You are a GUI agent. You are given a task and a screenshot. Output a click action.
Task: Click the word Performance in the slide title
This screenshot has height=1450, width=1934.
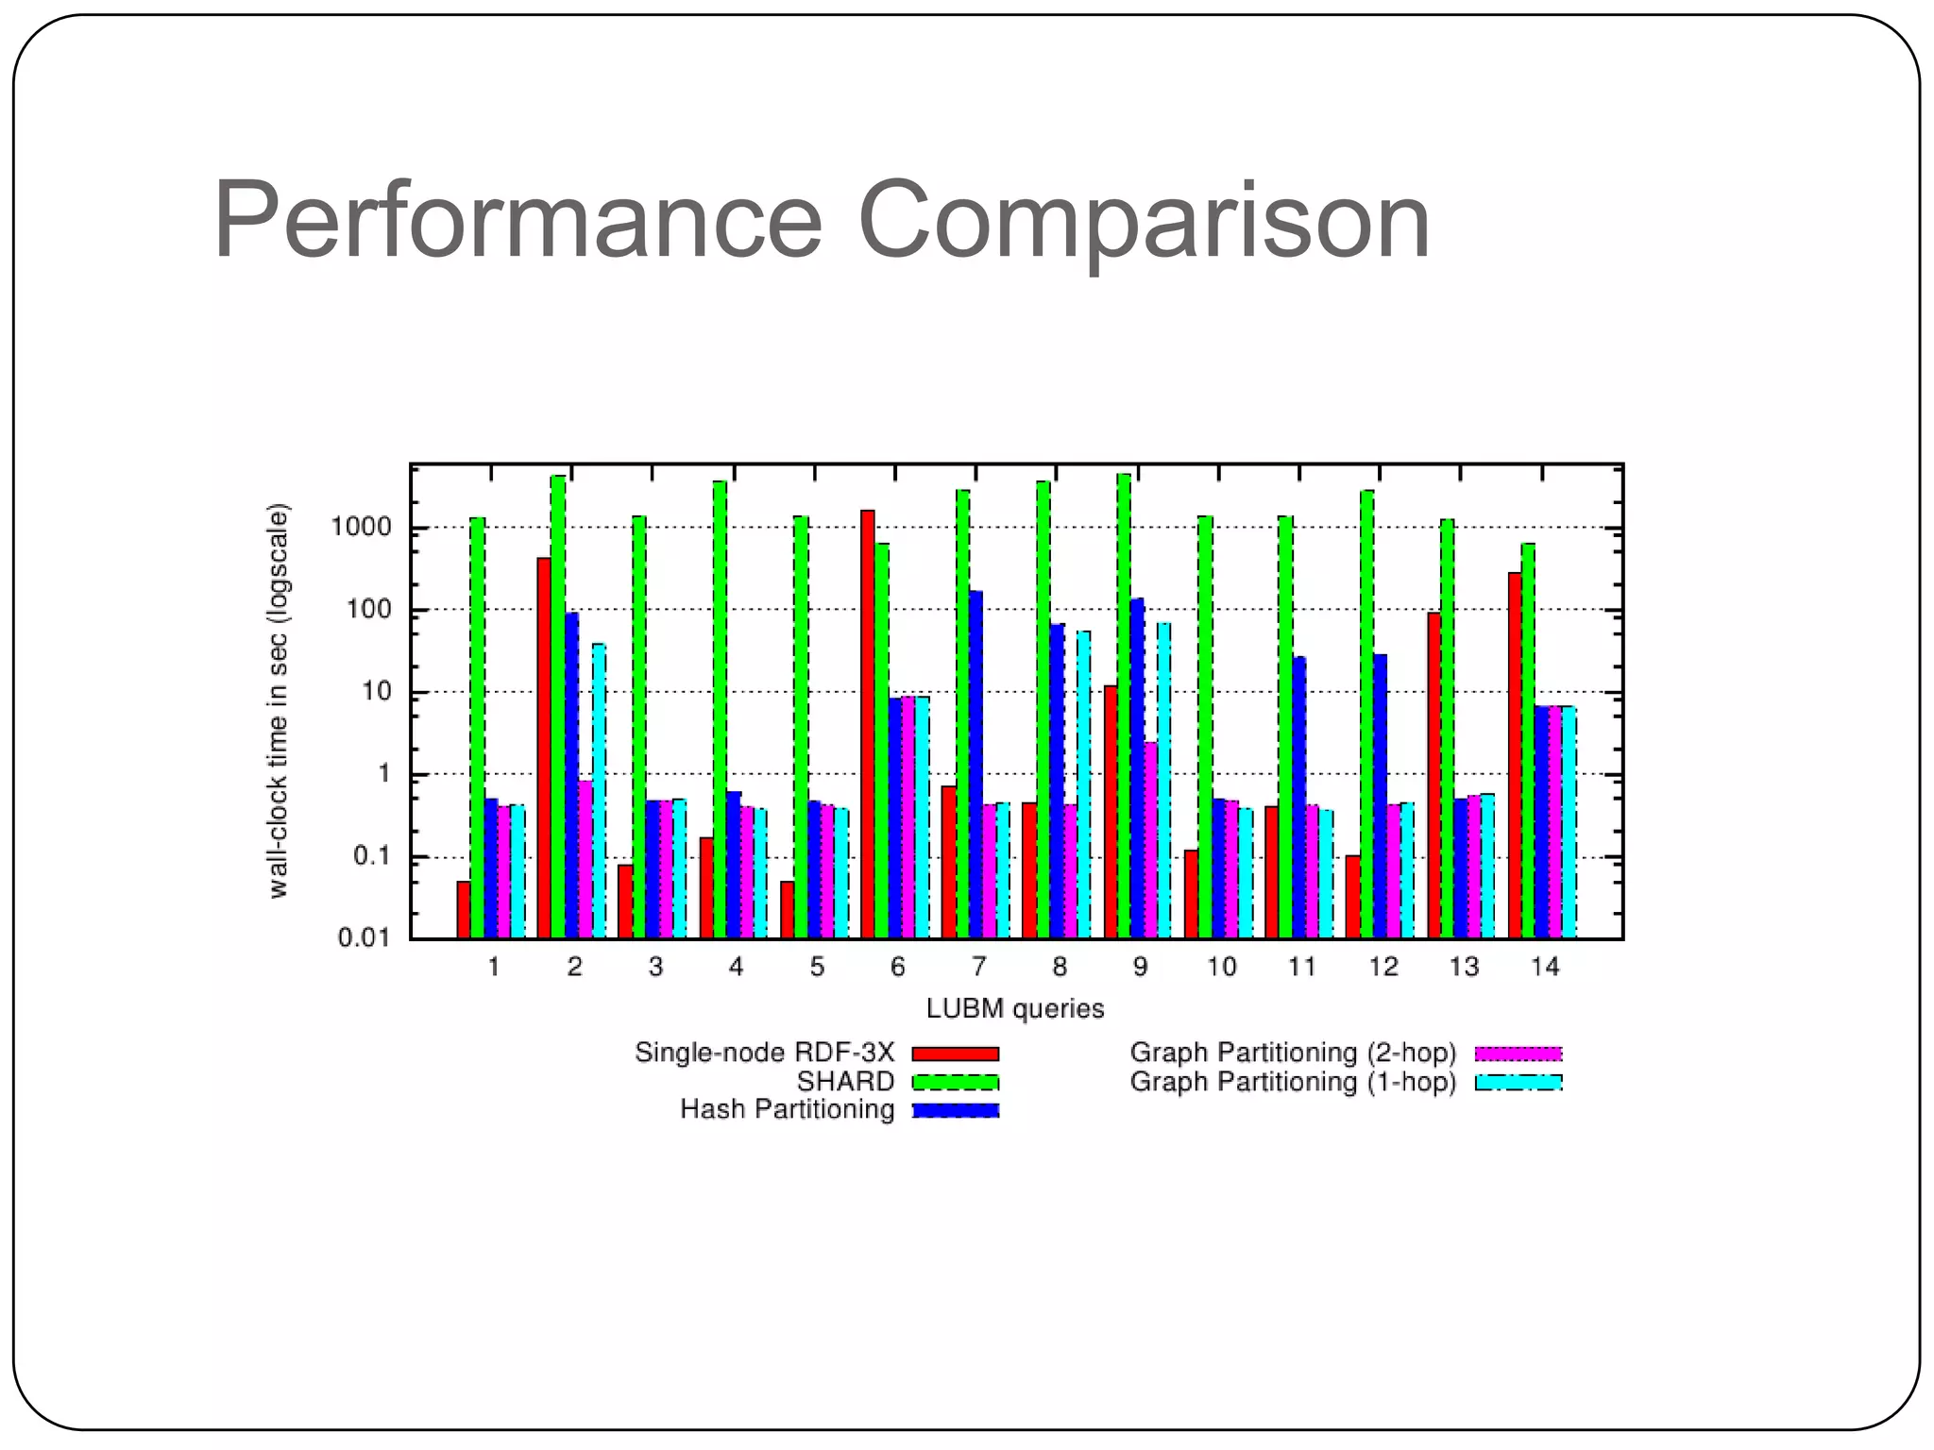click(x=517, y=221)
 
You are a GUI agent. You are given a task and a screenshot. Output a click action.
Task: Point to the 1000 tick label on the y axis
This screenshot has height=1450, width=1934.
click(x=361, y=527)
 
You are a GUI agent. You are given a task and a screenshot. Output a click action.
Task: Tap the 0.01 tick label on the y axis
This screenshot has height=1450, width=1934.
click(x=365, y=937)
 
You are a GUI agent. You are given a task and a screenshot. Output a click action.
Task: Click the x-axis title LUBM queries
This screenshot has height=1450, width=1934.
click(x=1015, y=1009)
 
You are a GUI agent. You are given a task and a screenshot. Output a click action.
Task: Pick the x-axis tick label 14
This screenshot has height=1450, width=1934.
click(x=1545, y=967)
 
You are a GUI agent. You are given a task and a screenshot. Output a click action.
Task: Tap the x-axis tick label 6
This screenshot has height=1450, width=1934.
click(x=897, y=967)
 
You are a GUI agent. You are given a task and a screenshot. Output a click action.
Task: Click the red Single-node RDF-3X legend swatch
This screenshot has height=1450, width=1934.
click(x=956, y=1054)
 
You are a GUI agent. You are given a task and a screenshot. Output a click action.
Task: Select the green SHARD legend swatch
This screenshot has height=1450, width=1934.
click(x=956, y=1082)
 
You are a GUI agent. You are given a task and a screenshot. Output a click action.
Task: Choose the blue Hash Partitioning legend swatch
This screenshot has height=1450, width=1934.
click(x=956, y=1110)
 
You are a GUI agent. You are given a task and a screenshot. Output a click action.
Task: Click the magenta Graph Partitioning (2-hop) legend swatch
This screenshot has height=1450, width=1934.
click(x=1518, y=1054)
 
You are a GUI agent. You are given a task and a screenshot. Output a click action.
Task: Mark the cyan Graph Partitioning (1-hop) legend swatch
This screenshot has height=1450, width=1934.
click(x=1518, y=1082)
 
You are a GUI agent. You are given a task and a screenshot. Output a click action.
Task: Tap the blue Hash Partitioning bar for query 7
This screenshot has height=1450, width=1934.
click(x=975, y=765)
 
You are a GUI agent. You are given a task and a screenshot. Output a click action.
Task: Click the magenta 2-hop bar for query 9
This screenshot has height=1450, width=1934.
click(x=1151, y=840)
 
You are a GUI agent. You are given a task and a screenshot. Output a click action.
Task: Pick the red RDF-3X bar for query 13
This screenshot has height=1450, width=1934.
click(x=1434, y=775)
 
